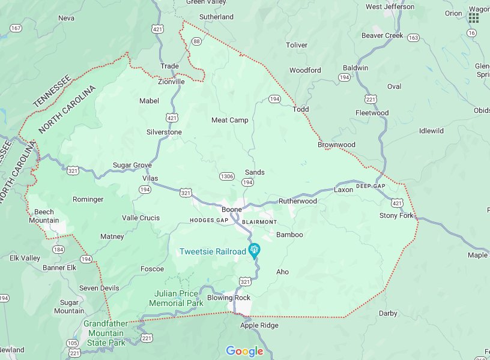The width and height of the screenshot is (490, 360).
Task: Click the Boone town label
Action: [x=231, y=209]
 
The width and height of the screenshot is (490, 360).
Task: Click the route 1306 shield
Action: [x=227, y=176]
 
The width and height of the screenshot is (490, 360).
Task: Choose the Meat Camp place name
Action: [x=229, y=120]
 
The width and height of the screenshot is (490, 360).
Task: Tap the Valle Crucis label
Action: [x=141, y=218]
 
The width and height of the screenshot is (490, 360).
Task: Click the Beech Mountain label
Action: [x=44, y=216]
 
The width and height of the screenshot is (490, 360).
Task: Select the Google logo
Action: [x=244, y=351]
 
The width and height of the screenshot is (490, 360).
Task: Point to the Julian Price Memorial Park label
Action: [x=178, y=298]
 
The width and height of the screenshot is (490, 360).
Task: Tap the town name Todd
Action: [x=300, y=109]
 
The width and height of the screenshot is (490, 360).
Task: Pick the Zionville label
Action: [x=171, y=82]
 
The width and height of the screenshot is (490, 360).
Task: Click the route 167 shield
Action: [x=16, y=28]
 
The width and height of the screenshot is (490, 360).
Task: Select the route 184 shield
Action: [x=58, y=249]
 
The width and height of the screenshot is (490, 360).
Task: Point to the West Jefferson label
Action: [x=390, y=7]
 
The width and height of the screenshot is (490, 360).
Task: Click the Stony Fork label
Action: [x=396, y=215]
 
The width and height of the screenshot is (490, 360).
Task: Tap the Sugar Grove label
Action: [x=132, y=165]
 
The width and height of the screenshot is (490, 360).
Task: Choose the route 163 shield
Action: [x=413, y=38]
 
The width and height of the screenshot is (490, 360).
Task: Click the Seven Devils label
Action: [x=99, y=288]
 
